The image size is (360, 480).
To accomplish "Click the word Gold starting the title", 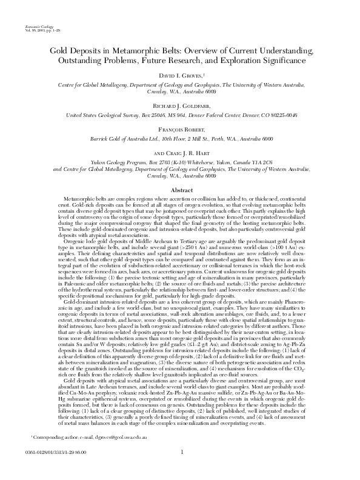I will (x=59, y=50).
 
